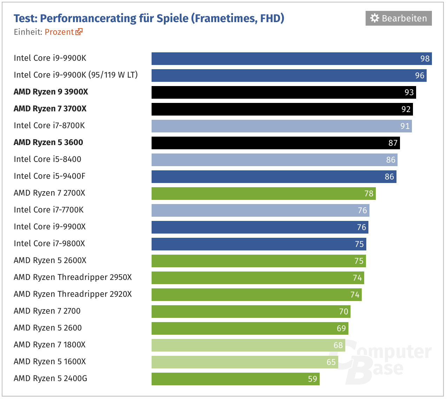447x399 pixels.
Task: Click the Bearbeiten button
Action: tap(399, 18)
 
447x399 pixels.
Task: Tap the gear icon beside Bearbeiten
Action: tap(375, 18)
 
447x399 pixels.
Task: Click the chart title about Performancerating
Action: tap(149, 18)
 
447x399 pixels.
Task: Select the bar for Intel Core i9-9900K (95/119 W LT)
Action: tap(289, 76)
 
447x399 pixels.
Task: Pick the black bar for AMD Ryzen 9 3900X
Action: tap(283, 92)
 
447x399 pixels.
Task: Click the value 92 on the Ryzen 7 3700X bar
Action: tap(406, 109)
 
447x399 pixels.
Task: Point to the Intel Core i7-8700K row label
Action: tap(49, 125)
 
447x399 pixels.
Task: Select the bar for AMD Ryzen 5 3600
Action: tap(275, 143)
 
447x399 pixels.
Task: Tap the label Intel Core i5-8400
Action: tap(47, 159)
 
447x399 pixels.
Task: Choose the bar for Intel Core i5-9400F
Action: tap(274, 177)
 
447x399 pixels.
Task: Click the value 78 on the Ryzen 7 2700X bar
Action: tap(369, 194)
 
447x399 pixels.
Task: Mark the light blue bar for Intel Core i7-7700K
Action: tap(260, 210)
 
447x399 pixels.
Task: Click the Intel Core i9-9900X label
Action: tap(49, 227)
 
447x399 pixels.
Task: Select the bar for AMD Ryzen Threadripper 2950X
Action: tap(258, 278)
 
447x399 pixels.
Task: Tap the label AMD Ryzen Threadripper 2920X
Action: tap(73, 294)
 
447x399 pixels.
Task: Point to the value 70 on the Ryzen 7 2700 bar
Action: tap(344, 312)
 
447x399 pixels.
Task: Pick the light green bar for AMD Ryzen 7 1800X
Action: tap(248, 345)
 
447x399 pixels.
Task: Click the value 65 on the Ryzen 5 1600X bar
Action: tap(331, 362)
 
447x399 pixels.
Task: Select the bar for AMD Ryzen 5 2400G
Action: tap(235, 379)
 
